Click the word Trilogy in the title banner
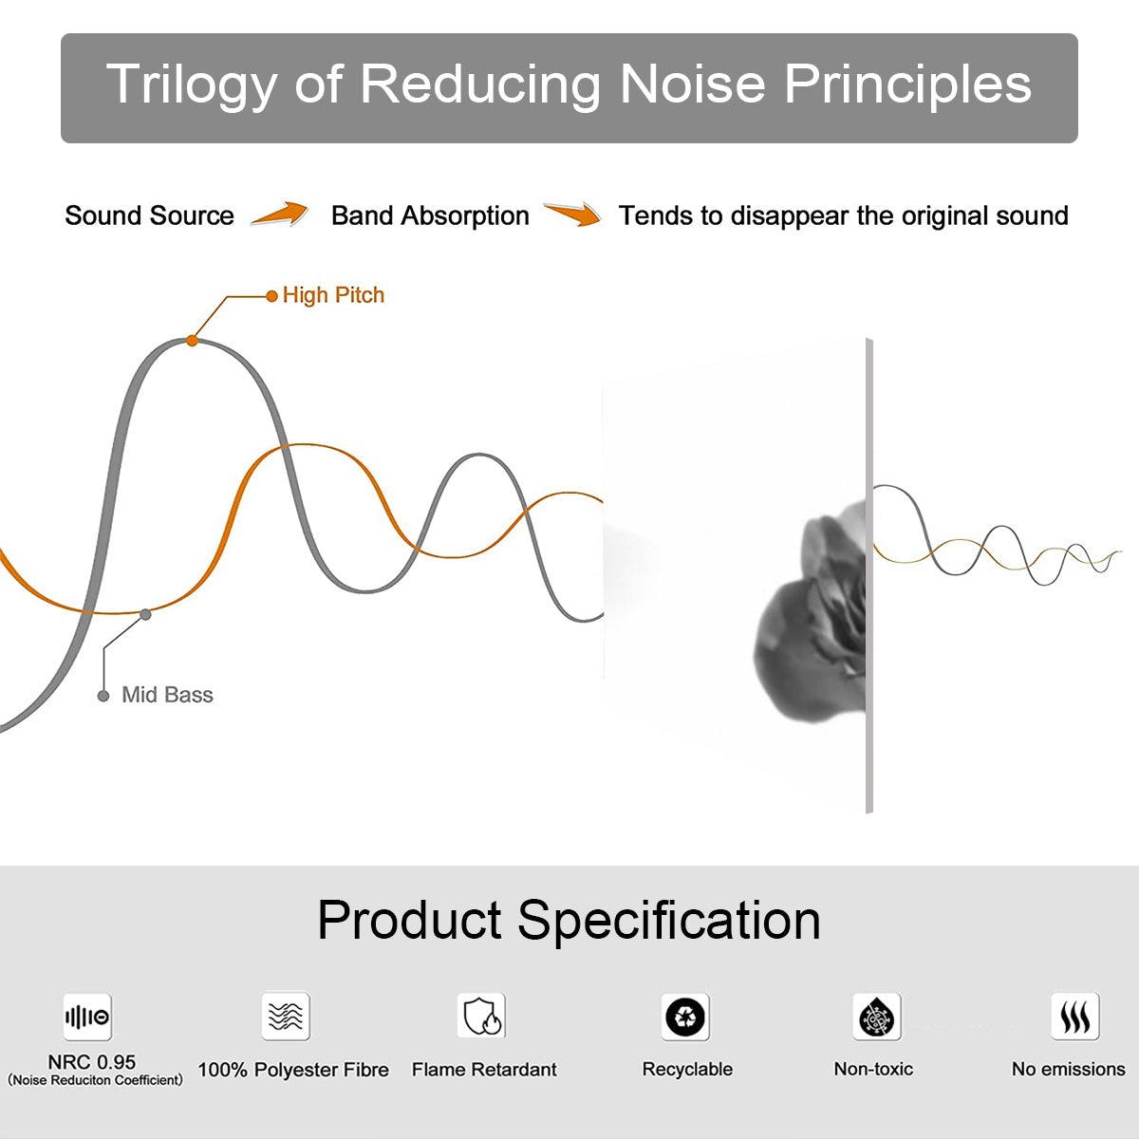click(x=191, y=85)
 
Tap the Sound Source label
click(x=149, y=215)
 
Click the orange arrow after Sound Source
click(x=280, y=215)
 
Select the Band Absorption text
click(x=430, y=215)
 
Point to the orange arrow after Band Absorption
click(x=572, y=215)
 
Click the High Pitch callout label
click(x=333, y=295)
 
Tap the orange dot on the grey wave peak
click(x=192, y=340)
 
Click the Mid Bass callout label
click(x=167, y=695)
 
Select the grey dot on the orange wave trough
click(x=145, y=614)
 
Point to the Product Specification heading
click(x=569, y=920)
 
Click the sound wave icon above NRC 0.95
click(x=87, y=1018)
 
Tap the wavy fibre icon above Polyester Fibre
click(x=286, y=1017)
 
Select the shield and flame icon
click(x=482, y=1017)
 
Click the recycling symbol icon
click(x=685, y=1018)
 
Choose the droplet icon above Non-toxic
click(x=876, y=1018)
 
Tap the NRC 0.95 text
click(x=92, y=1062)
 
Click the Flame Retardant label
click(x=484, y=1070)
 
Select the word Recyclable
click(x=687, y=1069)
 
